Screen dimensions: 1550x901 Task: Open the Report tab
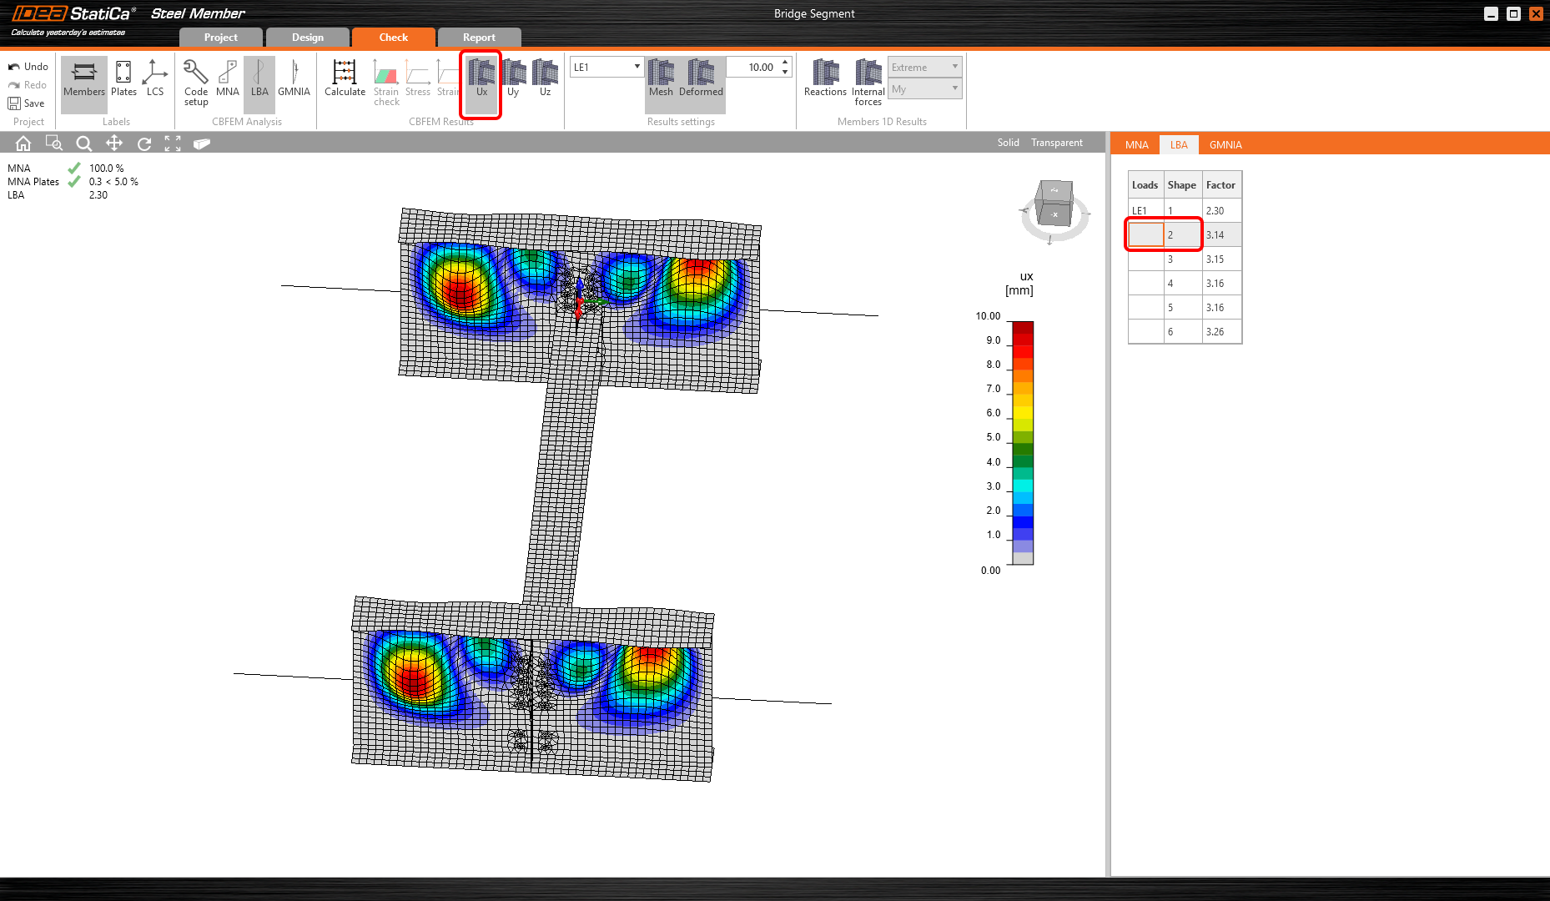coord(479,38)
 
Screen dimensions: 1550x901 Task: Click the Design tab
coord(308,38)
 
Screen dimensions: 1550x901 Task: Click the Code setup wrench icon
coord(195,72)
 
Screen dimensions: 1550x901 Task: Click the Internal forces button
coord(868,82)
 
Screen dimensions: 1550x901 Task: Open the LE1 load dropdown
coord(606,67)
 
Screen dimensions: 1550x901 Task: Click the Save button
coord(27,103)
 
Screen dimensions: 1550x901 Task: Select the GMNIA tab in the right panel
coord(1225,145)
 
